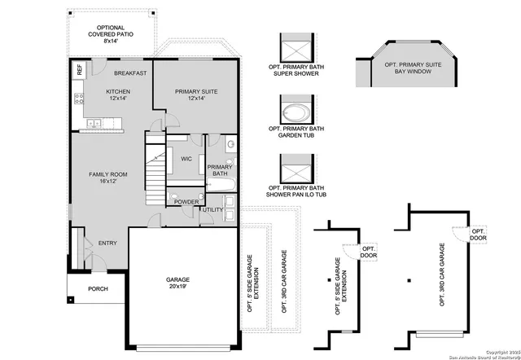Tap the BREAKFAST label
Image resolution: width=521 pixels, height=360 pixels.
click(x=130, y=73)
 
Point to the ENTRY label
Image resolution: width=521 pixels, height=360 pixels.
click(x=107, y=243)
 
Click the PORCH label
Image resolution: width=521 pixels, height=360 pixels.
click(x=98, y=288)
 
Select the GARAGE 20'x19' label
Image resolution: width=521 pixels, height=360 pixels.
click(x=177, y=283)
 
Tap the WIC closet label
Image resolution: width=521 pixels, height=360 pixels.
click(x=186, y=159)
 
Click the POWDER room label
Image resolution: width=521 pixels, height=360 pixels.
click(x=186, y=201)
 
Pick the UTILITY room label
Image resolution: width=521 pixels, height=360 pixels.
click(x=213, y=210)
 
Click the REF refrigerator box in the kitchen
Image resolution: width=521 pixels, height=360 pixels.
click(x=79, y=71)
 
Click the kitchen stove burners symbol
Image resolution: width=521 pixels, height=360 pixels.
click(x=79, y=100)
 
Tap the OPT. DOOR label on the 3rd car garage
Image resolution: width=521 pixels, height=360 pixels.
click(x=477, y=235)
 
